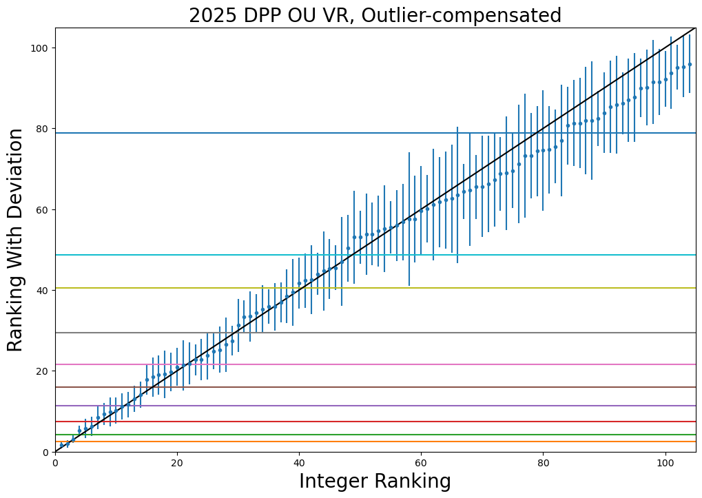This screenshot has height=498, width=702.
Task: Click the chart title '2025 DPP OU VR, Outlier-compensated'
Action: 375,15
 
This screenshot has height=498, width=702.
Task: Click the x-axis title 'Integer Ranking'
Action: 375,481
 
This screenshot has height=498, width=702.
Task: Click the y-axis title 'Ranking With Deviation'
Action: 15,240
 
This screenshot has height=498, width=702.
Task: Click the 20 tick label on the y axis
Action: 41,371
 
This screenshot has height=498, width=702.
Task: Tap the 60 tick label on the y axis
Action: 41,209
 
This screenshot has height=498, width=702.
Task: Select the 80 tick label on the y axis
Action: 41,129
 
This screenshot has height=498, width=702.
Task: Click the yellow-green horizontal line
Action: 482,288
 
